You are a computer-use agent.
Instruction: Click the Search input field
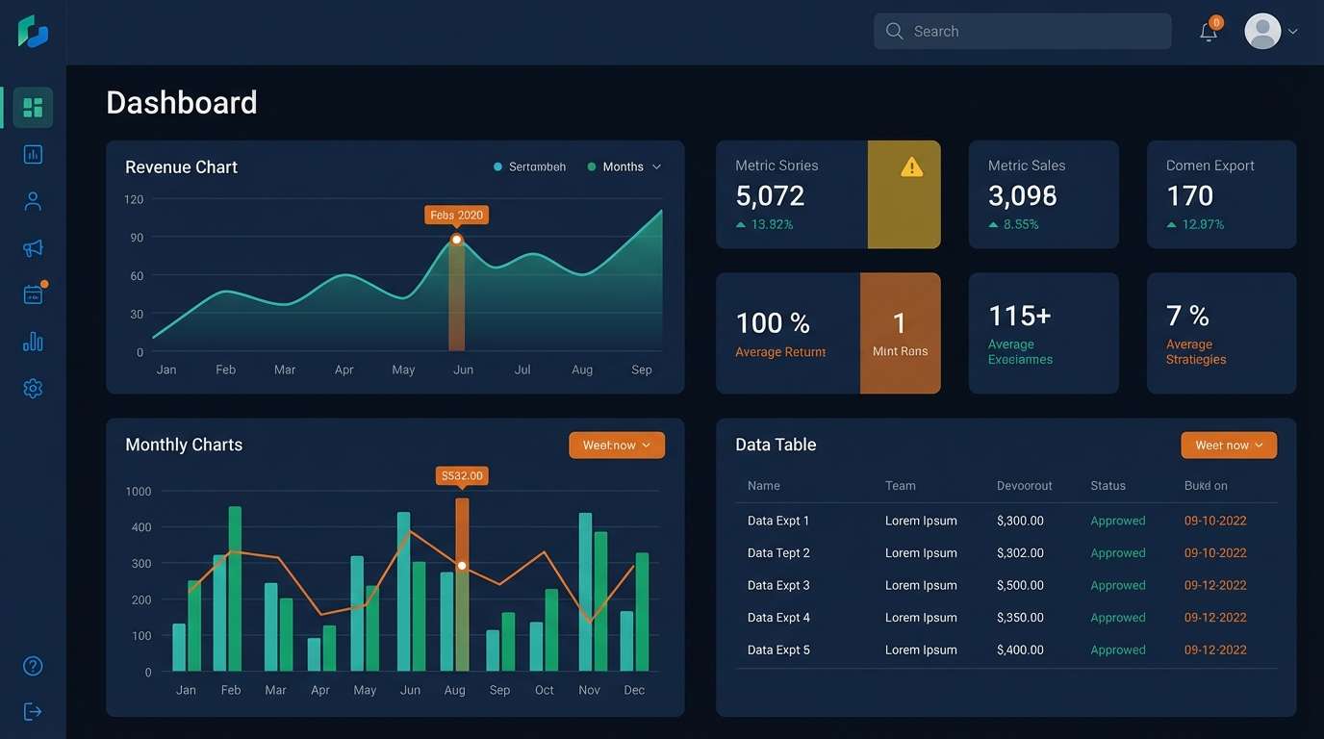(x=1022, y=31)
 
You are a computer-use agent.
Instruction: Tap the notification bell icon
(x=1209, y=32)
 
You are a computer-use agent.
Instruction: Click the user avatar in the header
(x=1262, y=31)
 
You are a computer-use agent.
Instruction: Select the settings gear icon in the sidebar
(x=33, y=389)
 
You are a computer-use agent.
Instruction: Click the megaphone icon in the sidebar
(x=33, y=248)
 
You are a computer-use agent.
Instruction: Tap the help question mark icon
(x=33, y=666)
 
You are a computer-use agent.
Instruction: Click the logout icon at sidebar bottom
(x=33, y=712)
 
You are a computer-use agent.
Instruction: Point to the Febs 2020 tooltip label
(x=456, y=216)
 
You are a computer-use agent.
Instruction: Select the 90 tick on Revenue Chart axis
(x=137, y=238)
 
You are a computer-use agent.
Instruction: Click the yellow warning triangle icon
(x=911, y=167)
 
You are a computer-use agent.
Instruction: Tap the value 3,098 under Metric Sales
(x=1022, y=196)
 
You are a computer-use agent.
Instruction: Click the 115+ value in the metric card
(x=1019, y=316)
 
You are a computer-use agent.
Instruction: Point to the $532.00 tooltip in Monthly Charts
(x=462, y=475)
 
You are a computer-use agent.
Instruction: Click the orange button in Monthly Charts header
(x=616, y=446)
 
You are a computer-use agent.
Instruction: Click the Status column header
(x=1108, y=486)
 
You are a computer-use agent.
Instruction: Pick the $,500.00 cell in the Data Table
(x=1020, y=585)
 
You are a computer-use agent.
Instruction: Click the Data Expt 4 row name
(x=778, y=618)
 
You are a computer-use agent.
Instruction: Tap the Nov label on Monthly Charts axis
(x=589, y=690)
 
